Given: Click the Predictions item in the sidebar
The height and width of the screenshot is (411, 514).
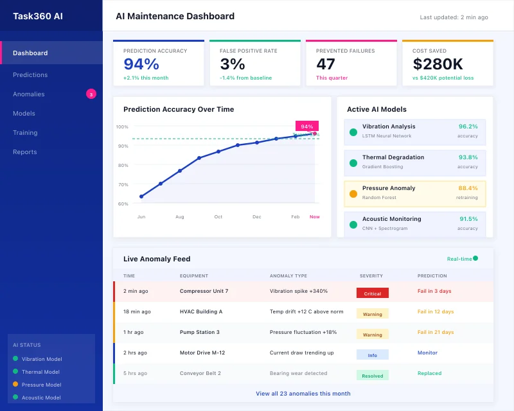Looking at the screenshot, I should (30, 75).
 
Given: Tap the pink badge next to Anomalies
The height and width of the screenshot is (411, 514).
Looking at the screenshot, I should (91, 94).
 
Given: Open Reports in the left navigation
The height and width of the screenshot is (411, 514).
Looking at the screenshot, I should (25, 152).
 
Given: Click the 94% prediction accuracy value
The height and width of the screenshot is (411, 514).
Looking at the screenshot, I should (141, 64).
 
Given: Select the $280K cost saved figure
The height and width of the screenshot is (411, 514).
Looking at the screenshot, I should (438, 64).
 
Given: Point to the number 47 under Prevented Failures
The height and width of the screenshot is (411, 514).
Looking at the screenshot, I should (326, 64).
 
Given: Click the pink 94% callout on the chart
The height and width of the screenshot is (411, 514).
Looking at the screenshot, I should (306, 127).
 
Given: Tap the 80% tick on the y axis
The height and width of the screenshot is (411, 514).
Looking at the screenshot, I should (122, 165).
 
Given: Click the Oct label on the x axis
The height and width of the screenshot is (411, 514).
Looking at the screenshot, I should (218, 217).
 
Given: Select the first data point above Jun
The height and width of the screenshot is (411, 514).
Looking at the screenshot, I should (141, 197).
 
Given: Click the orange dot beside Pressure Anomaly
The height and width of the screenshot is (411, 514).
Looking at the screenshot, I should (353, 193).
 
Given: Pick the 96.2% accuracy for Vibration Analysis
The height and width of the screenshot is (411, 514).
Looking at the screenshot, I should (468, 127).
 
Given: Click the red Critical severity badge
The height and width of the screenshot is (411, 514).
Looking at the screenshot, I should (373, 293).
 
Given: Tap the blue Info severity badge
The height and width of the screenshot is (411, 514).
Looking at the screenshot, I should (373, 354).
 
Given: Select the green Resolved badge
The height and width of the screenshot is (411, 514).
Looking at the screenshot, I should (373, 376).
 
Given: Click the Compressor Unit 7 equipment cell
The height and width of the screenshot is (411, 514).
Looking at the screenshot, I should (204, 291).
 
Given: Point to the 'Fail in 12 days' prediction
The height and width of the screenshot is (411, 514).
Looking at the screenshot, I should (436, 311).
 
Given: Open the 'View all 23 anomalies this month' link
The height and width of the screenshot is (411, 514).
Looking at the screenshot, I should (303, 394).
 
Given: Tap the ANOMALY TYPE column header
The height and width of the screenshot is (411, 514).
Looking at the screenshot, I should (288, 275).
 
